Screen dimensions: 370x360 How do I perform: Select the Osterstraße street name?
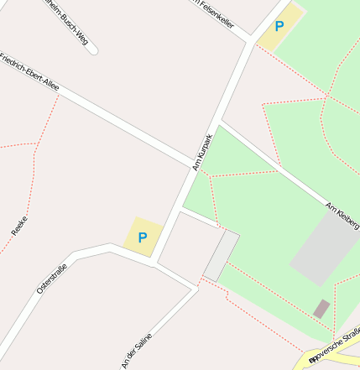[x=51, y=278]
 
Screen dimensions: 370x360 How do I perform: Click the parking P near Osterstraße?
[x=142, y=237]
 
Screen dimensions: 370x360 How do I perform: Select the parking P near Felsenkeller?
[x=279, y=26]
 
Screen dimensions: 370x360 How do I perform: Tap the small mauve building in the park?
[x=321, y=308]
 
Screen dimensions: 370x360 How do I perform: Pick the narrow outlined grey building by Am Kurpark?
[x=221, y=256]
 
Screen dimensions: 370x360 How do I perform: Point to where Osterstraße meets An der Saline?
[x=154, y=262]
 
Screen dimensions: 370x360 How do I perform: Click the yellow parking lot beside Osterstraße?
[x=142, y=237]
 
